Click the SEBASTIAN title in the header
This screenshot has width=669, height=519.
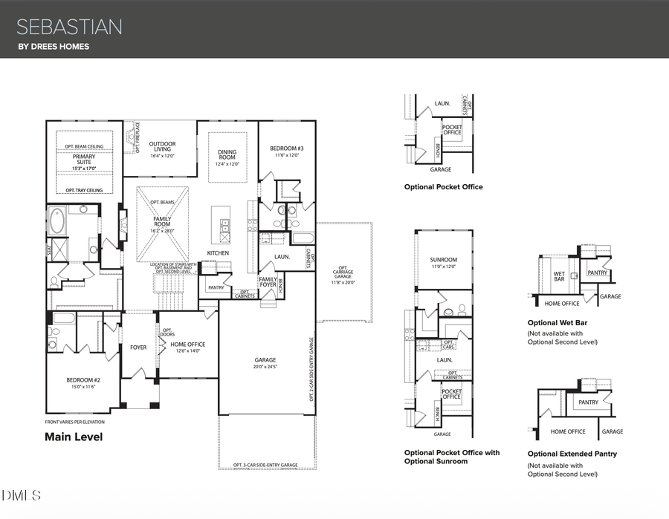pos(69,27)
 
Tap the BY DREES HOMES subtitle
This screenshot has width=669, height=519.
pos(54,48)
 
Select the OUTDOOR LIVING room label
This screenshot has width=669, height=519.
pos(161,147)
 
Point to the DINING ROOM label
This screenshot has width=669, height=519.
pos(227,155)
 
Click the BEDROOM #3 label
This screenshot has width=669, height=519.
pos(287,148)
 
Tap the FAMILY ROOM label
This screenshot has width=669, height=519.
pos(162,223)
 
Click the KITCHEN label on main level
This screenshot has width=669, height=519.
pos(218,253)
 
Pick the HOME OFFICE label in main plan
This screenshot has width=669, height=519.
pos(187,344)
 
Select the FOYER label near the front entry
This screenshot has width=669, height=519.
pos(138,347)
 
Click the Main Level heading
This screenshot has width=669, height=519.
pos(74,437)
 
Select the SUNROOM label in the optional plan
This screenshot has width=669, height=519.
pos(444,260)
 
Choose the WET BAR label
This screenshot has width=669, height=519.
pos(559,275)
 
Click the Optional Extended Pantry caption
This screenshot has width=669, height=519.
pos(572,454)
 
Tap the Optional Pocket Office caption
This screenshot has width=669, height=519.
pos(443,187)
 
